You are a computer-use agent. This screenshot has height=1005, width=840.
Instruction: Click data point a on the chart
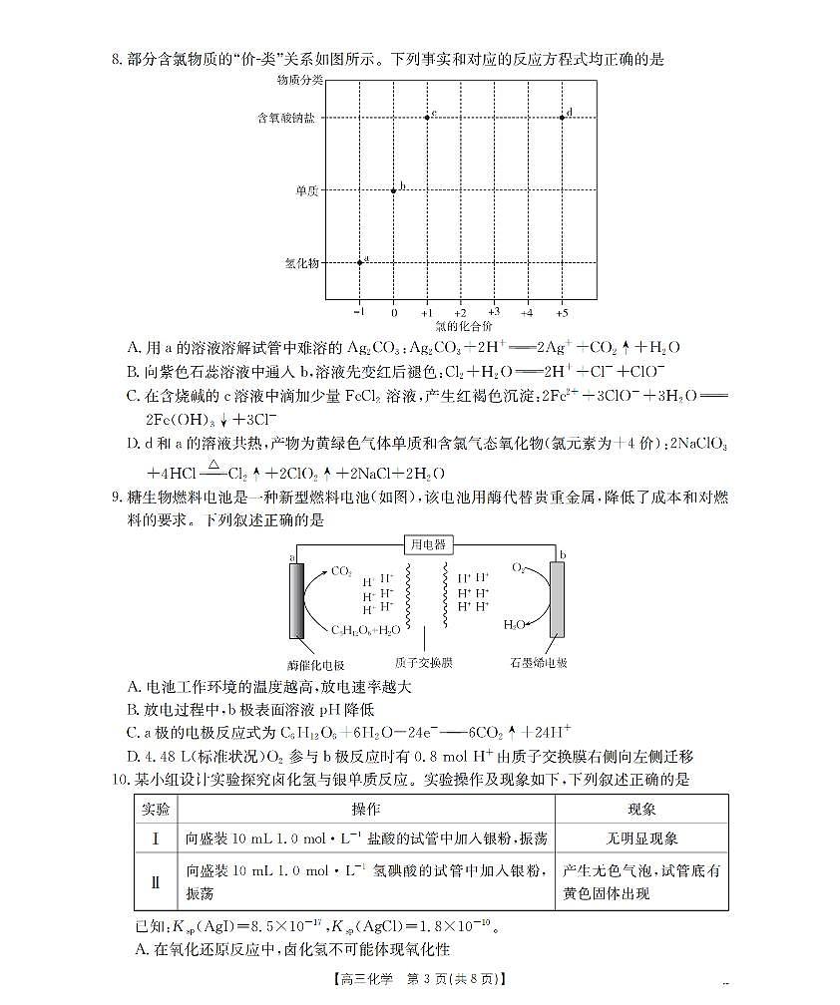coord(360,262)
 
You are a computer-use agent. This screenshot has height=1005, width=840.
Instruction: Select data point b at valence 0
coord(393,189)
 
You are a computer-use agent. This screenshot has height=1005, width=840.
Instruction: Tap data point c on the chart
coord(427,117)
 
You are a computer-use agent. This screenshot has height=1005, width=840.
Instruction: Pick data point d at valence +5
coord(562,117)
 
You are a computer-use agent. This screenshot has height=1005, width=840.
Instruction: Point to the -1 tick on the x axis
coord(359,312)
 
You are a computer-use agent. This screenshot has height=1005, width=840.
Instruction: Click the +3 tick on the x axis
coord(494,312)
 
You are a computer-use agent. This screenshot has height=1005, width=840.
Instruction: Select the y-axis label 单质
coord(306,190)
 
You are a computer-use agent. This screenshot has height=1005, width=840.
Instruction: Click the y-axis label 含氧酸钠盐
coord(285,118)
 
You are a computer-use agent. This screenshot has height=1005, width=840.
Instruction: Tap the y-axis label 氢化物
coord(301,263)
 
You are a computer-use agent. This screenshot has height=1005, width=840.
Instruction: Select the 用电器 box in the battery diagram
coord(426,544)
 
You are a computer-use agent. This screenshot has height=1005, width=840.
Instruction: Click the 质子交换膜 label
coord(425,661)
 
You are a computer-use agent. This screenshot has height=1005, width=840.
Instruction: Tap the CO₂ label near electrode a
coord(341,572)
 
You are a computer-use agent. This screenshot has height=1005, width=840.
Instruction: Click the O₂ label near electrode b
coord(519,567)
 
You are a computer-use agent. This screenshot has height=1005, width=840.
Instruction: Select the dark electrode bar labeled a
coord(296,600)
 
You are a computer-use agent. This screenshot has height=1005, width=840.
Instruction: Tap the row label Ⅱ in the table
coord(155,881)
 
